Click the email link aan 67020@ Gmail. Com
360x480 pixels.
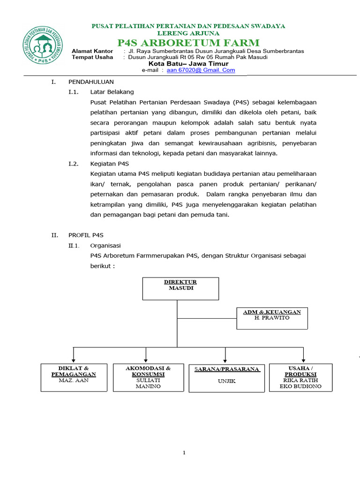coord(201,70)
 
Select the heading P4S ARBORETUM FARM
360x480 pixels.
coord(188,43)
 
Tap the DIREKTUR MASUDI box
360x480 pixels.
coord(180,288)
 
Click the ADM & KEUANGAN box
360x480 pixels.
coord(272,318)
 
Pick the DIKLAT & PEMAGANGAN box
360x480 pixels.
coord(74,377)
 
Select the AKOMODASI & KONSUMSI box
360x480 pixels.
coord(148,377)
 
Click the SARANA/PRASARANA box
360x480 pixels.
coord(227,378)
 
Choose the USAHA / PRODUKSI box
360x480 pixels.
coord(300,377)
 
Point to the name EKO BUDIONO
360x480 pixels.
coord(300,387)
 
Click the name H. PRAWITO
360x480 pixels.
coord(272,318)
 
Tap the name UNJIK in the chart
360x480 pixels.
coord(227,381)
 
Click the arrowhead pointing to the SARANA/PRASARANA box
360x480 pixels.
coord(225,358)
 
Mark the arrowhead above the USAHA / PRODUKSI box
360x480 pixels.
coord(304,358)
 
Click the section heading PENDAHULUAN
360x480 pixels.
coord(91,82)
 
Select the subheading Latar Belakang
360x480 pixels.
coord(112,92)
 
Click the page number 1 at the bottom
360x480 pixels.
coord(184,453)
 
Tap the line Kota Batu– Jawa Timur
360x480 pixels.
coord(188,64)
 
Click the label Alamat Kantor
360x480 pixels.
coord(92,51)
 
